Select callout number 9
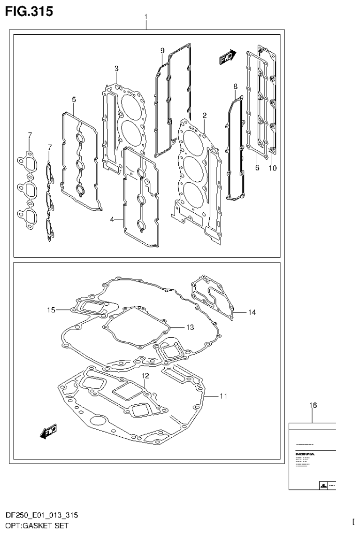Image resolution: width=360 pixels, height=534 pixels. point(162,50)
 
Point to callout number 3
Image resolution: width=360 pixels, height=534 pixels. point(116,69)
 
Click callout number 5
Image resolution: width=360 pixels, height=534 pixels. point(74,99)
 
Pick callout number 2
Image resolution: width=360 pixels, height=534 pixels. point(205,115)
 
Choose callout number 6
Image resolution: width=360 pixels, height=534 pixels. point(257,168)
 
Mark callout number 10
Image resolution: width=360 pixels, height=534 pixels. point(273,168)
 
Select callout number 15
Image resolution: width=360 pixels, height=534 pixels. point(51,310)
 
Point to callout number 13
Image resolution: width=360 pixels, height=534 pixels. point(190,327)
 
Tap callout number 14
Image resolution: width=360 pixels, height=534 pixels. point(252,312)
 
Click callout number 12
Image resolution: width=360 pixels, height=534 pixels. point(146,376)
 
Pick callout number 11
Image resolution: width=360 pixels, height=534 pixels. point(223,396)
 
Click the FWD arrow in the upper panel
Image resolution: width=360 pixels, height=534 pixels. point(228,57)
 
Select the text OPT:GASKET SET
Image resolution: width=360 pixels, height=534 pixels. point(37,525)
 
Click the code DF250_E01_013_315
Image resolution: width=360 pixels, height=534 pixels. point(41,515)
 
